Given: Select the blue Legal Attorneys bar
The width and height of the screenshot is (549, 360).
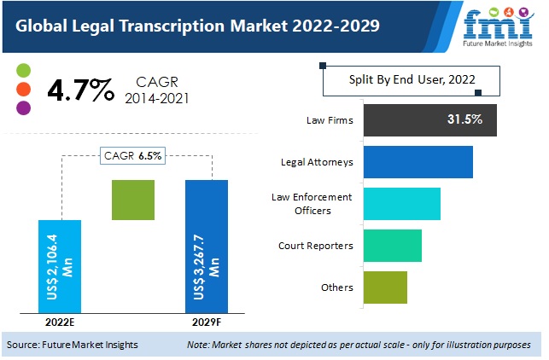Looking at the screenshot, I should point(418,161).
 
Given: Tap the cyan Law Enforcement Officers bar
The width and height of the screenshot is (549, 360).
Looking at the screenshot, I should point(401,204).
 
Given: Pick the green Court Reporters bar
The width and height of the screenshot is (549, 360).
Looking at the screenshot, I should point(392,246).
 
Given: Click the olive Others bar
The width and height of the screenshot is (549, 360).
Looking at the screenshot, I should point(385,287).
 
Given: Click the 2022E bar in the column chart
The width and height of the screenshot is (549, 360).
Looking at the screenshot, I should point(60,266).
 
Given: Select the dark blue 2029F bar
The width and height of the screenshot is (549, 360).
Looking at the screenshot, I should point(206,247).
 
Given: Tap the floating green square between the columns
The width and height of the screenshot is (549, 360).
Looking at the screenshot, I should point(133,200).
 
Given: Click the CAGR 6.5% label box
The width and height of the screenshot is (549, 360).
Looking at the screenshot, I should point(133,155).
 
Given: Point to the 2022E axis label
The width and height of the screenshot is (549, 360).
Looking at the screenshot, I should point(60,323).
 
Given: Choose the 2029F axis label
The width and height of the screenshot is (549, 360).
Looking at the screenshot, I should point(206,323).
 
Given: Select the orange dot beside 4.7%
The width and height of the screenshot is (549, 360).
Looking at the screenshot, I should point(23,89).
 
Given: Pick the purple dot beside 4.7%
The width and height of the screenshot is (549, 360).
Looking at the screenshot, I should point(23,107).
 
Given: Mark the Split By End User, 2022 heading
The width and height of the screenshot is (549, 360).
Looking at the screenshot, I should point(412,80).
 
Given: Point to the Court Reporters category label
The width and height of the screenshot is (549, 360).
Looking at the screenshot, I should point(316,246).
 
